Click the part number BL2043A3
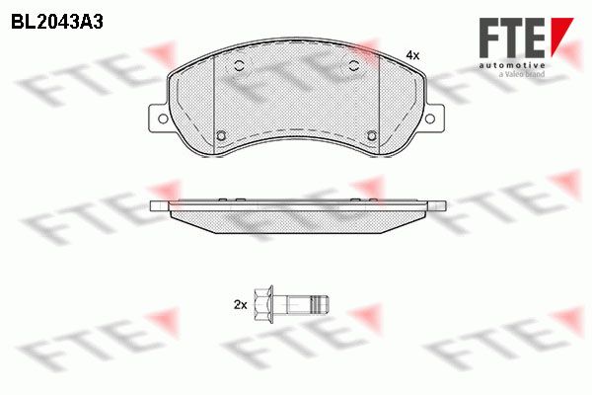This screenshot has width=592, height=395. pyautogui.click(x=57, y=23)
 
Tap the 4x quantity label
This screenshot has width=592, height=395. pyautogui.click(x=412, y=55)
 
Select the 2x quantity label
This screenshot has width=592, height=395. pyautogui.click(x=240, y=305)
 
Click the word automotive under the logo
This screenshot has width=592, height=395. pyautogui.click(x=512, y=65)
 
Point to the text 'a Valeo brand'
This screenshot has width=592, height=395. pyautogui.click(x=522, y=74)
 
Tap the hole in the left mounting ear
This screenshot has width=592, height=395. pyautogui.click(x=163, y=118)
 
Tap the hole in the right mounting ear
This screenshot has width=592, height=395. pyautogui.click(x=429, y=118)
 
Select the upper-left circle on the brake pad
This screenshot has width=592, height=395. pyautogui.click(x=239, y=65)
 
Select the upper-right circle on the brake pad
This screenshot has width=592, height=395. pyautogui.click(x=354, y=65)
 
